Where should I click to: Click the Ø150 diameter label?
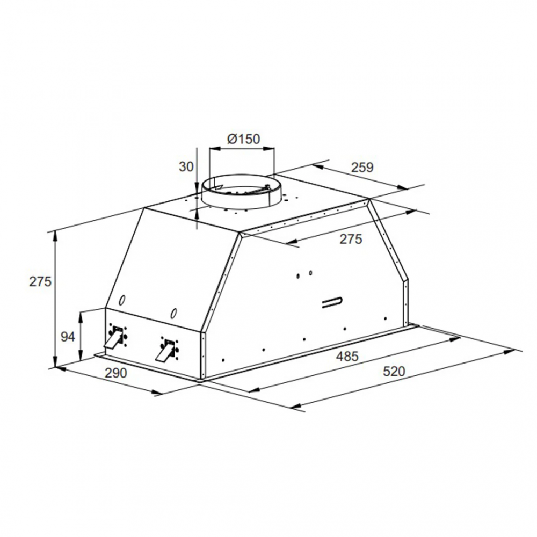point(243,139)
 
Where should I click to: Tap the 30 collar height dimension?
point(186,166)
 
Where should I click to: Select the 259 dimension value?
point(362,167)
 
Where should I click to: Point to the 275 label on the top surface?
point(351,239)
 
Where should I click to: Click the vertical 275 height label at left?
point(40,281)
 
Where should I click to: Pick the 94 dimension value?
point(68,337)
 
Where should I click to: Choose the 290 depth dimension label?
point(116,373)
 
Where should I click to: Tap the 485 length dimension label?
point(347,356)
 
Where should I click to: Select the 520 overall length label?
point(394,371)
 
